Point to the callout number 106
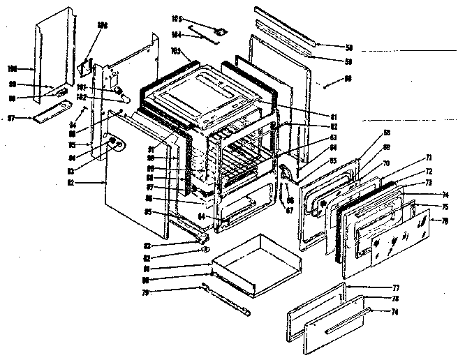tap(103, 25)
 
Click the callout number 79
tap(187, 292)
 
